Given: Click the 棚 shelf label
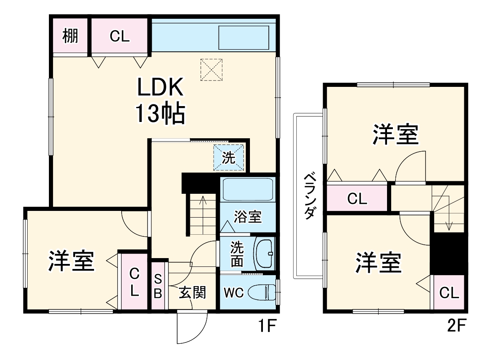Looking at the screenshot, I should (x=70, y=36).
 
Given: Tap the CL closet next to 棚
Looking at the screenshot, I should (x=120, y=36).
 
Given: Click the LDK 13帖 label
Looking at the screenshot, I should (x=160, y=101).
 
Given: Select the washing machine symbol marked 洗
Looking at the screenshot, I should (x=228, y=157).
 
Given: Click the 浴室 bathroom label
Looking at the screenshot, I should (x=247, y=217).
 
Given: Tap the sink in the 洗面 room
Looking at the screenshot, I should (x=264, y=254).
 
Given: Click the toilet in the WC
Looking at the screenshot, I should (x=262, y=292).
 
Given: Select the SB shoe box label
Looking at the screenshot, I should (x=158, y=286).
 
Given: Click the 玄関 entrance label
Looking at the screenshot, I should (x=193, y=293).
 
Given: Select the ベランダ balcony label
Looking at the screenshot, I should (x=309, y=195).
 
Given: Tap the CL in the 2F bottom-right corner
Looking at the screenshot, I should (x=449, y=293).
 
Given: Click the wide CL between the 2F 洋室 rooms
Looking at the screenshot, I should (x=357, y=198).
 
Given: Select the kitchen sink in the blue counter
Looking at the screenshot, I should (x=244, y=37).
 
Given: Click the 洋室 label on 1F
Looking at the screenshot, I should (x=71, y=261).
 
